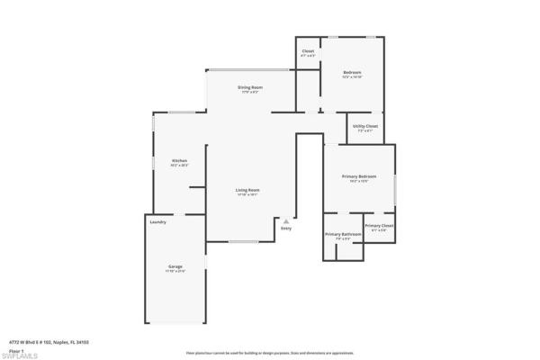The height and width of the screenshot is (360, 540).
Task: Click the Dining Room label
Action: pos(249,86)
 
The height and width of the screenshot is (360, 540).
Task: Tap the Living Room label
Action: pos(248,190)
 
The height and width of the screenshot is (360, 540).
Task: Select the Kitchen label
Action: pos(180,160)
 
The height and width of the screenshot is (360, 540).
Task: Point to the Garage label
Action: pos(175,266)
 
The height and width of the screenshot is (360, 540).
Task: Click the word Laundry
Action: pos(158,221)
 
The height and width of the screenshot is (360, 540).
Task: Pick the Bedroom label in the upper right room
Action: pos(352,72)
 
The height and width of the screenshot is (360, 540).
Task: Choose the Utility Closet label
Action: pos(365,126)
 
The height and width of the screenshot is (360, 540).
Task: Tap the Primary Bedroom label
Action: pos(359,175)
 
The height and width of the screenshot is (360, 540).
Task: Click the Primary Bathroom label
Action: pos(343,234)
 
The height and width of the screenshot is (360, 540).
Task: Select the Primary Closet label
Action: pos(379,225)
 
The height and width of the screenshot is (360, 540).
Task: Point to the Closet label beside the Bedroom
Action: pos(308,50)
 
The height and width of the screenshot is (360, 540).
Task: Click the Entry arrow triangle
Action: pos(286,220)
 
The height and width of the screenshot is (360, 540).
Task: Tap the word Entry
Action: pos(286,228)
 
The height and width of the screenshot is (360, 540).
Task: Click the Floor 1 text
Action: pos(17,349)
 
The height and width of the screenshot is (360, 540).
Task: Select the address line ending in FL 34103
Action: pos(49,342)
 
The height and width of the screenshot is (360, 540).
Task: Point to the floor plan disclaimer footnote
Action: pos(270,353)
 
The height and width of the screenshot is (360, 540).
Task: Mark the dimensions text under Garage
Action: pos(175,271)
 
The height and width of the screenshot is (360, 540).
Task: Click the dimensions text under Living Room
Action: pos(248,194)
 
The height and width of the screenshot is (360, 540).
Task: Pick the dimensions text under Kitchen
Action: pos(180,165)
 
